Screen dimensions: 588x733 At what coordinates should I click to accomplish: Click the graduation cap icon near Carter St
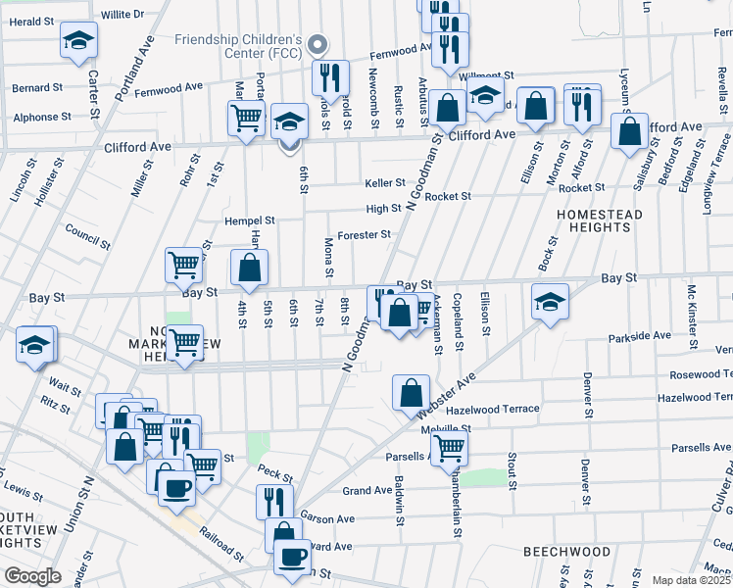point(78,41)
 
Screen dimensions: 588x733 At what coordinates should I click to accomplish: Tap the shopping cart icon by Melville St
point(450,448)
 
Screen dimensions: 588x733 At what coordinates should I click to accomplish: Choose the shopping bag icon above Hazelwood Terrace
point(411,392)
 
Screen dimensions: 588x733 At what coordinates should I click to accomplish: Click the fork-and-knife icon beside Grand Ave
point(274,502)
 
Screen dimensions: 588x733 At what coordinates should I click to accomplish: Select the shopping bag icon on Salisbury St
point(629,130)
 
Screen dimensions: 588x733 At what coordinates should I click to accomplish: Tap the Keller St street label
point(385,183)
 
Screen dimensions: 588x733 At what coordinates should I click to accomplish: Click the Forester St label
point(364,235)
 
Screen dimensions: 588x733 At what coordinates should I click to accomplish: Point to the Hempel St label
point(250,221)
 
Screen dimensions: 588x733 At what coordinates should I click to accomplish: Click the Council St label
point(87,234)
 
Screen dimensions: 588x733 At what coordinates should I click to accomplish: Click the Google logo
point(32,576)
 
